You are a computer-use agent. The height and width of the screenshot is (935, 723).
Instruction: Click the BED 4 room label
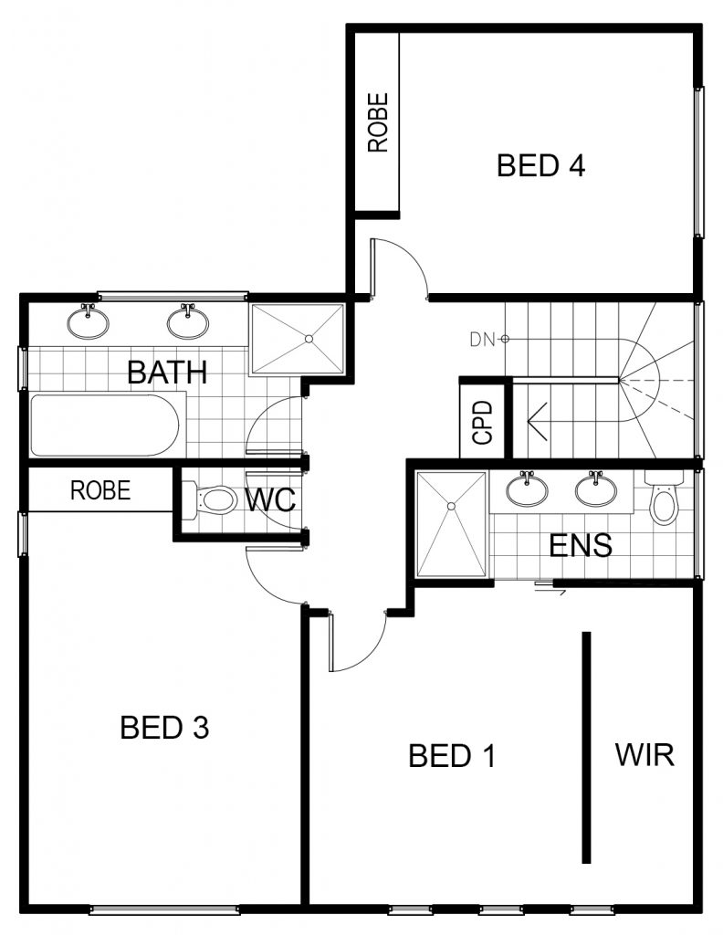coord(540,165)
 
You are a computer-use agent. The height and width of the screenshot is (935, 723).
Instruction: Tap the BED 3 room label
coord(164,727)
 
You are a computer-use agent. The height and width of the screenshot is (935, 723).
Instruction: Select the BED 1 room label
coord(453,755)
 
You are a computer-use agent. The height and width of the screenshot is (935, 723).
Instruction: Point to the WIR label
coord(644,754)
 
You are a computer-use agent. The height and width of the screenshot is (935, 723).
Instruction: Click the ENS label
coord(580,545)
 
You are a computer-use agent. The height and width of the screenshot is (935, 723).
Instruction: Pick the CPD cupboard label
coord(483,422)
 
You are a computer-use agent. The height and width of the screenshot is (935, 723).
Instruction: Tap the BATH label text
coord(167,373)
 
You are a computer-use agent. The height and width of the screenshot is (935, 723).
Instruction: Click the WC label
coord(270,499)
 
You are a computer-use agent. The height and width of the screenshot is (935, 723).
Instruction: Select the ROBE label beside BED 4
coord(378,122)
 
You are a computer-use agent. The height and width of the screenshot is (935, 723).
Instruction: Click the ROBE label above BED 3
coord(100,490)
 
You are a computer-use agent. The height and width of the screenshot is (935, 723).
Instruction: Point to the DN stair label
coord(482,340)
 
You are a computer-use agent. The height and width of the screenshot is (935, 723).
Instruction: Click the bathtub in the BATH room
coord(105,425)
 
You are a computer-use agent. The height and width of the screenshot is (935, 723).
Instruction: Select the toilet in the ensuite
coord(664,498)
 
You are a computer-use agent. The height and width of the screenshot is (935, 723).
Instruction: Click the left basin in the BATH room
coord(89,321)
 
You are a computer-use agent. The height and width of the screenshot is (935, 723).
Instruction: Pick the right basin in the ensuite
coord(596,489)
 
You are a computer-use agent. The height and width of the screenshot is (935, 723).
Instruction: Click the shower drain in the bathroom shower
coord(309,339)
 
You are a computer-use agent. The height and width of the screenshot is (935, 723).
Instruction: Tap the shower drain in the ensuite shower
coord(451,506)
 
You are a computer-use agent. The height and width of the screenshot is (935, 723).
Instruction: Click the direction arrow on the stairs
coord(538,422)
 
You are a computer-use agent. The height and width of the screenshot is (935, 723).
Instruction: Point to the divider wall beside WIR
coord(586,747)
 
